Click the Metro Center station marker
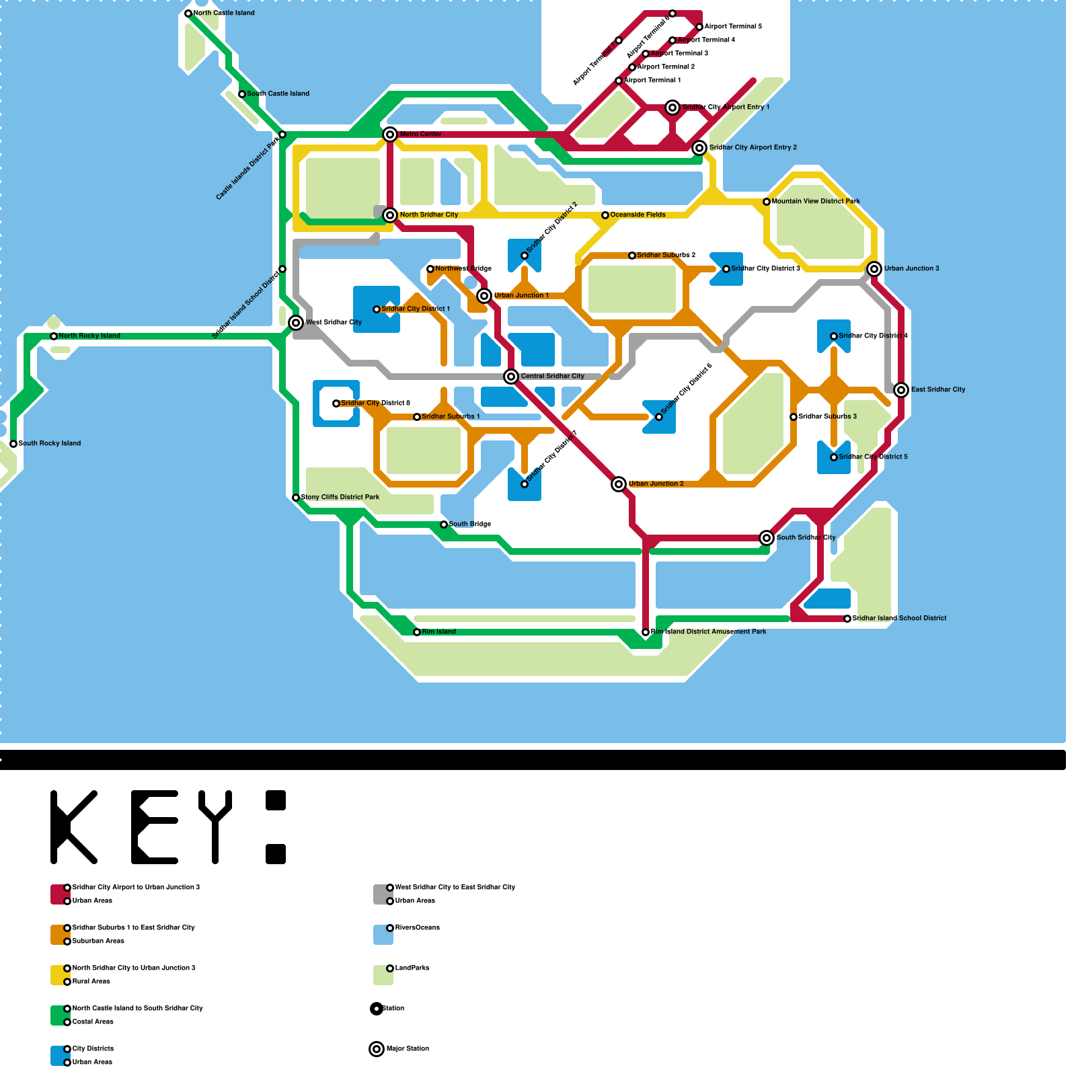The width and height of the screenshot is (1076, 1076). [390, 134]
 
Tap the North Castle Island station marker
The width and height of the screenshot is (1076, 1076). [188, 13]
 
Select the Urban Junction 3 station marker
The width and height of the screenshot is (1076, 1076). [874, 269]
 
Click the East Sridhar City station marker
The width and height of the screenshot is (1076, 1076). [901, 390]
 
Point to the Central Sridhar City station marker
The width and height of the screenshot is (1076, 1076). [511, 377]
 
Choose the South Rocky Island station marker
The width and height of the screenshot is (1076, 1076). [13, 444]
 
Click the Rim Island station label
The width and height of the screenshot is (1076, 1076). [438, 631]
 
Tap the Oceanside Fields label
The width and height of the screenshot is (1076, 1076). [638, 215]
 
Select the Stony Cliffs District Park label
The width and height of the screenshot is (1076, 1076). [340, 497]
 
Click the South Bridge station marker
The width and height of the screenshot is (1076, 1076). [444, 525]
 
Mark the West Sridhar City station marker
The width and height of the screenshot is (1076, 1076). [296, 323]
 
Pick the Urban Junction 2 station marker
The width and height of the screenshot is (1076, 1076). [619, 484]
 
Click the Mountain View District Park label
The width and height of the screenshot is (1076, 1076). [815, 201]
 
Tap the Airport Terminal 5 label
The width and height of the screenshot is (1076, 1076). [732, 26]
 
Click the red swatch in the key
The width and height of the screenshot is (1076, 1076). [59, 894]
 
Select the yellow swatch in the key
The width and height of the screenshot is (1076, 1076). [59, 975]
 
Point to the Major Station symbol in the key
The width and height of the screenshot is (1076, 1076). [377, 1049]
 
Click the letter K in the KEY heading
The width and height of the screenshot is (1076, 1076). [74, 827]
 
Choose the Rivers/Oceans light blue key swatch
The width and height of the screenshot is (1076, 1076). [383, 935]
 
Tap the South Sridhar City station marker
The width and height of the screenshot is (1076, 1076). [767, 538]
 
